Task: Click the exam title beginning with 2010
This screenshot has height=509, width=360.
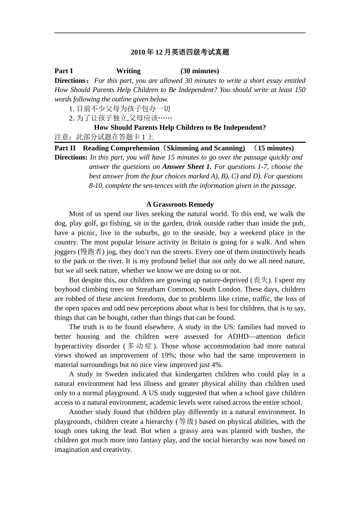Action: (x=180, y=52)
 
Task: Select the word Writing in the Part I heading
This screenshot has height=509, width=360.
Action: (x=128, y=71)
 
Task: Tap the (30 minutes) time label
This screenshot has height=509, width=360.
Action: (x=200, y=71)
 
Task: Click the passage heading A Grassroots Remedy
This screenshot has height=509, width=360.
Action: (x=180, y=205)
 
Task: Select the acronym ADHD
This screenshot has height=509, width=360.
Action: (x=238, y=336)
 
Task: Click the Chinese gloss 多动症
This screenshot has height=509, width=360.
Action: (x=139, y=346)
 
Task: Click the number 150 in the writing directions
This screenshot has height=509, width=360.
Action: (x=300, y=90)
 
